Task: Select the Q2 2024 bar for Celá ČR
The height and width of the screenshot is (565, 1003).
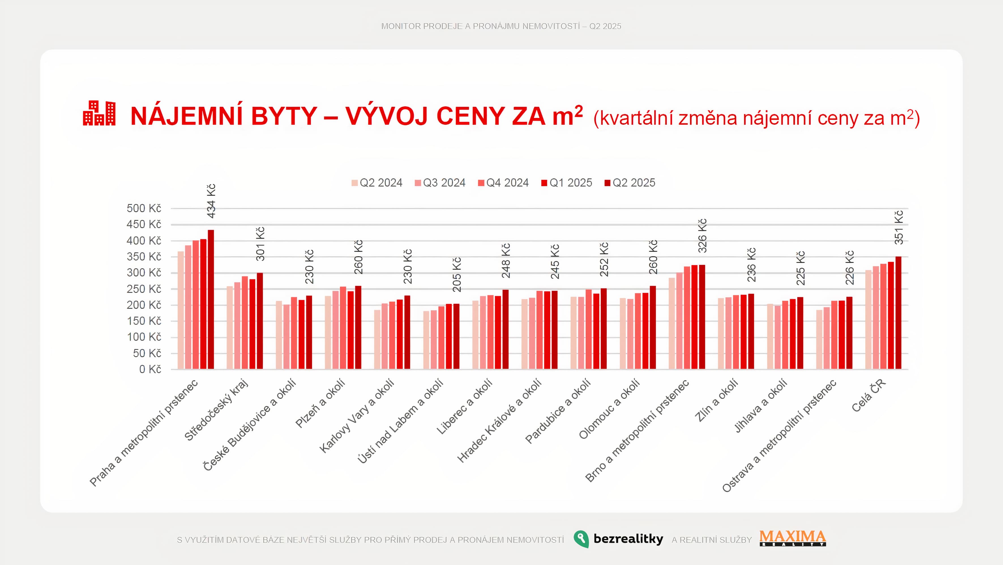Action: [868, 320]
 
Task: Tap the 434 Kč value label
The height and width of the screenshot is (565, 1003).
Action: [211, 201]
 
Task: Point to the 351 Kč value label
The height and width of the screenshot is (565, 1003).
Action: [899, 228]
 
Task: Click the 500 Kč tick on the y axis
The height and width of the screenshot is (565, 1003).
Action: [144, 209]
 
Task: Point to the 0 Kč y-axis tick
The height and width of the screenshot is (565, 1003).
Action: [150, 369]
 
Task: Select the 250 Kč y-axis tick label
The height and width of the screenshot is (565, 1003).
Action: [144, 289]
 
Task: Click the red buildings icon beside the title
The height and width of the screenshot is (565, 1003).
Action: [99, 113]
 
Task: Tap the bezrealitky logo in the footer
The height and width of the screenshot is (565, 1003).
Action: [618, 539]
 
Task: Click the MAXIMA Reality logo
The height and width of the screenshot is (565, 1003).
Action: [792, 538]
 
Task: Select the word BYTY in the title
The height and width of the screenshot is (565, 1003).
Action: [284, 116]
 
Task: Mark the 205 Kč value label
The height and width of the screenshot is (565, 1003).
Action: [457, 275]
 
